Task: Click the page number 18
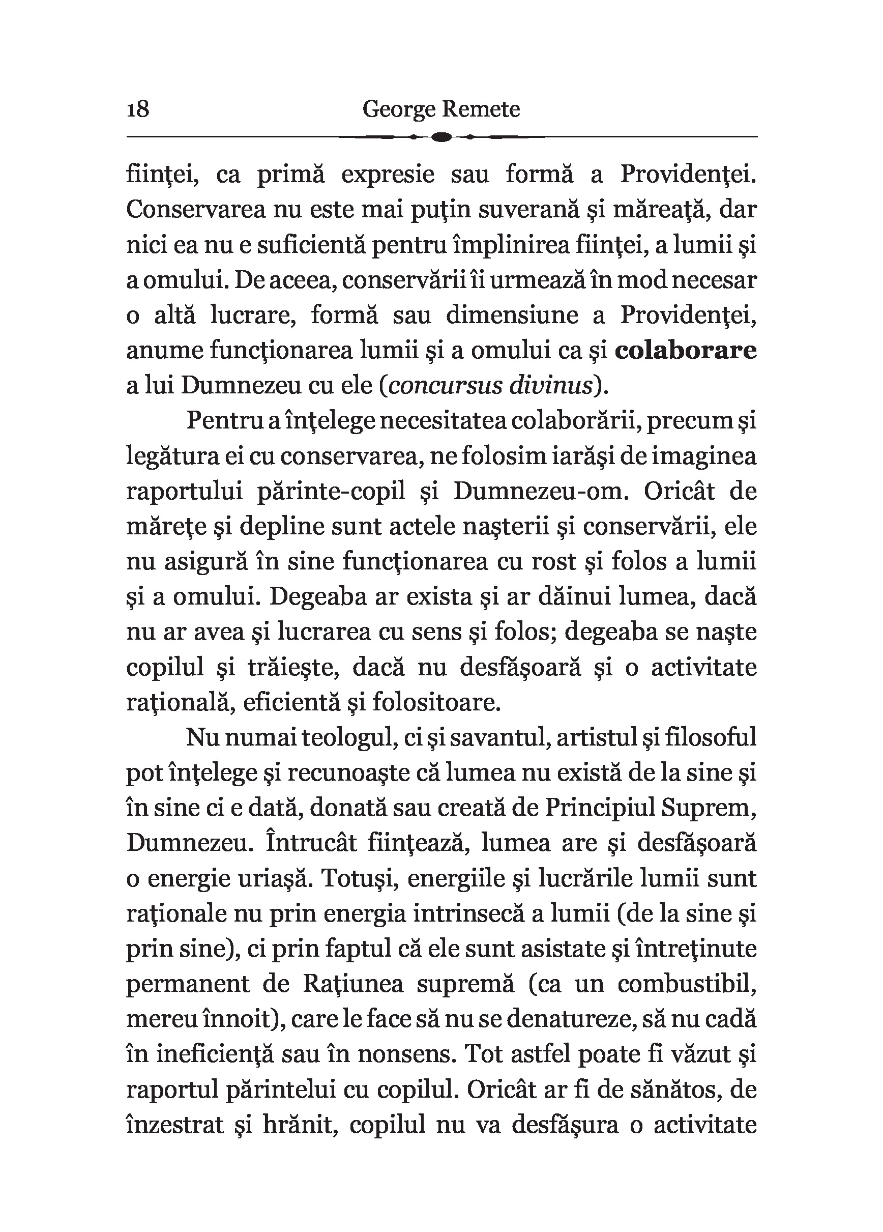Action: click(138, 109)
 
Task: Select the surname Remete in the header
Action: click(481, 109)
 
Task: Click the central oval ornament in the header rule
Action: click(442, 137)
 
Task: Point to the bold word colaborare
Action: click(686, 351)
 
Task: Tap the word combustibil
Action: click(687, 984)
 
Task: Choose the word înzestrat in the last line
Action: click(174, 1125)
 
